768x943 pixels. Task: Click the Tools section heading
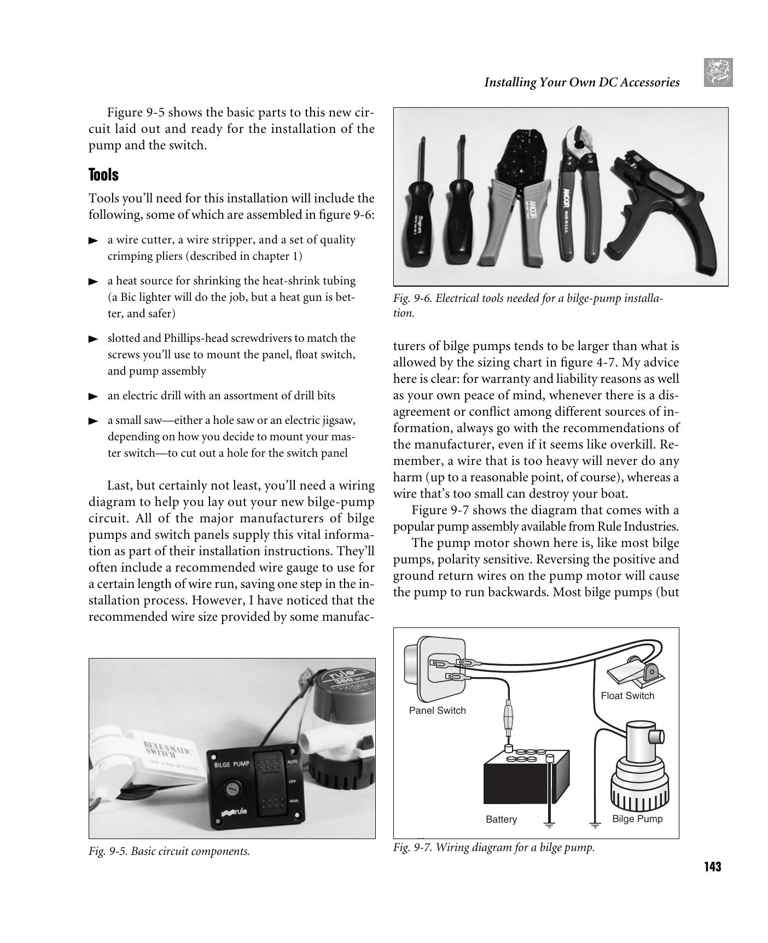[x=103, y=175]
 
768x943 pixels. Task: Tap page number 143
[x=712, y=866]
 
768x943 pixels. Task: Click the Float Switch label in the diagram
[x=627, y=696]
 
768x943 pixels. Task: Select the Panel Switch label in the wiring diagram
[x=437, y=711]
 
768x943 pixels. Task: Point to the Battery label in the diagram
[x=501, y=819]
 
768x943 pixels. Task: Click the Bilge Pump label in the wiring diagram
[x=637, y=819]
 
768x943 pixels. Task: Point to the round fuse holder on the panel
[x=231, y=789]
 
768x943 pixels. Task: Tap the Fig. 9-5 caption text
[x=169, y=851]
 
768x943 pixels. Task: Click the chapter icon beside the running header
[x=718, y=73]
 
